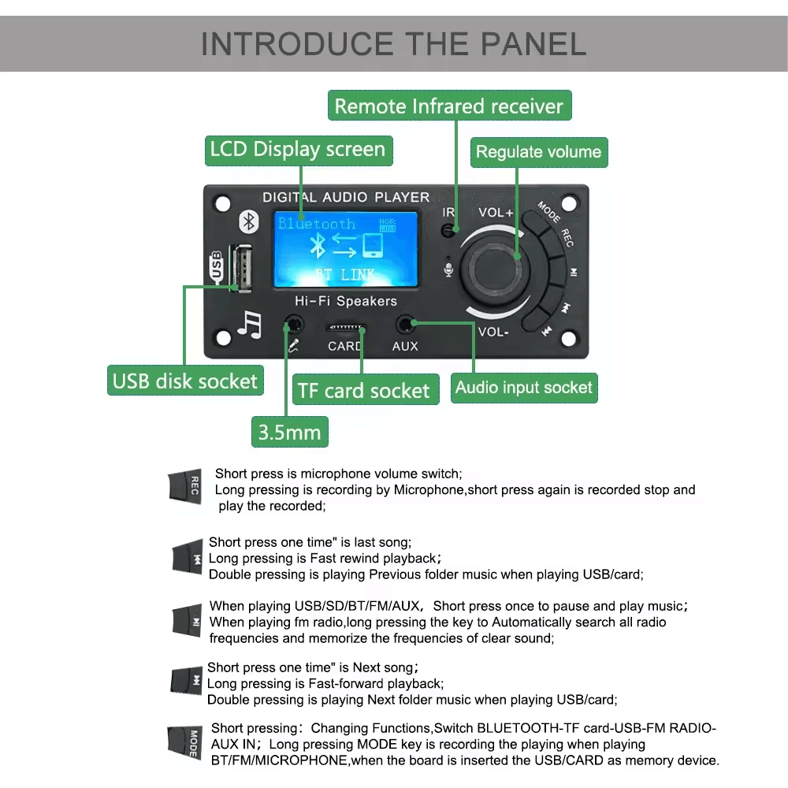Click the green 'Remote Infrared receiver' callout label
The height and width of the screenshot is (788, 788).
point(448,106)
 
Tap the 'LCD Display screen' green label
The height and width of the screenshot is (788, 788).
point(298,150)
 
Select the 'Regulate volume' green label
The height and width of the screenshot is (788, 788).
point(538,152)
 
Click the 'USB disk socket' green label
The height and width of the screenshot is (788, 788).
point(185,381)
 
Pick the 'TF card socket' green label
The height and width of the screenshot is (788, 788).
point(364,391)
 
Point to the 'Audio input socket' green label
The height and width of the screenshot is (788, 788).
point(523,387)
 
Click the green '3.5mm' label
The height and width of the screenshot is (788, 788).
point(289,433)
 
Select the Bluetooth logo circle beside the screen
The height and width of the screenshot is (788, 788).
point(249,221)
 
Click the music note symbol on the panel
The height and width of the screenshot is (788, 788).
point(250,324)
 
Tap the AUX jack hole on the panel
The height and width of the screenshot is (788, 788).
point(406,323)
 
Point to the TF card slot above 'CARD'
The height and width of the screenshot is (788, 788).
point(346,326)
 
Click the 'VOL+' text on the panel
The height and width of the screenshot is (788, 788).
point(496,213)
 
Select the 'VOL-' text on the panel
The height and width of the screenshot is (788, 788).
point(493,332)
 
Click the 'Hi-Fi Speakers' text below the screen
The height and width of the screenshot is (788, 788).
point(346,301)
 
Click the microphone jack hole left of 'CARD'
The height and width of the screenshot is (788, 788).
point(294,323)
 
